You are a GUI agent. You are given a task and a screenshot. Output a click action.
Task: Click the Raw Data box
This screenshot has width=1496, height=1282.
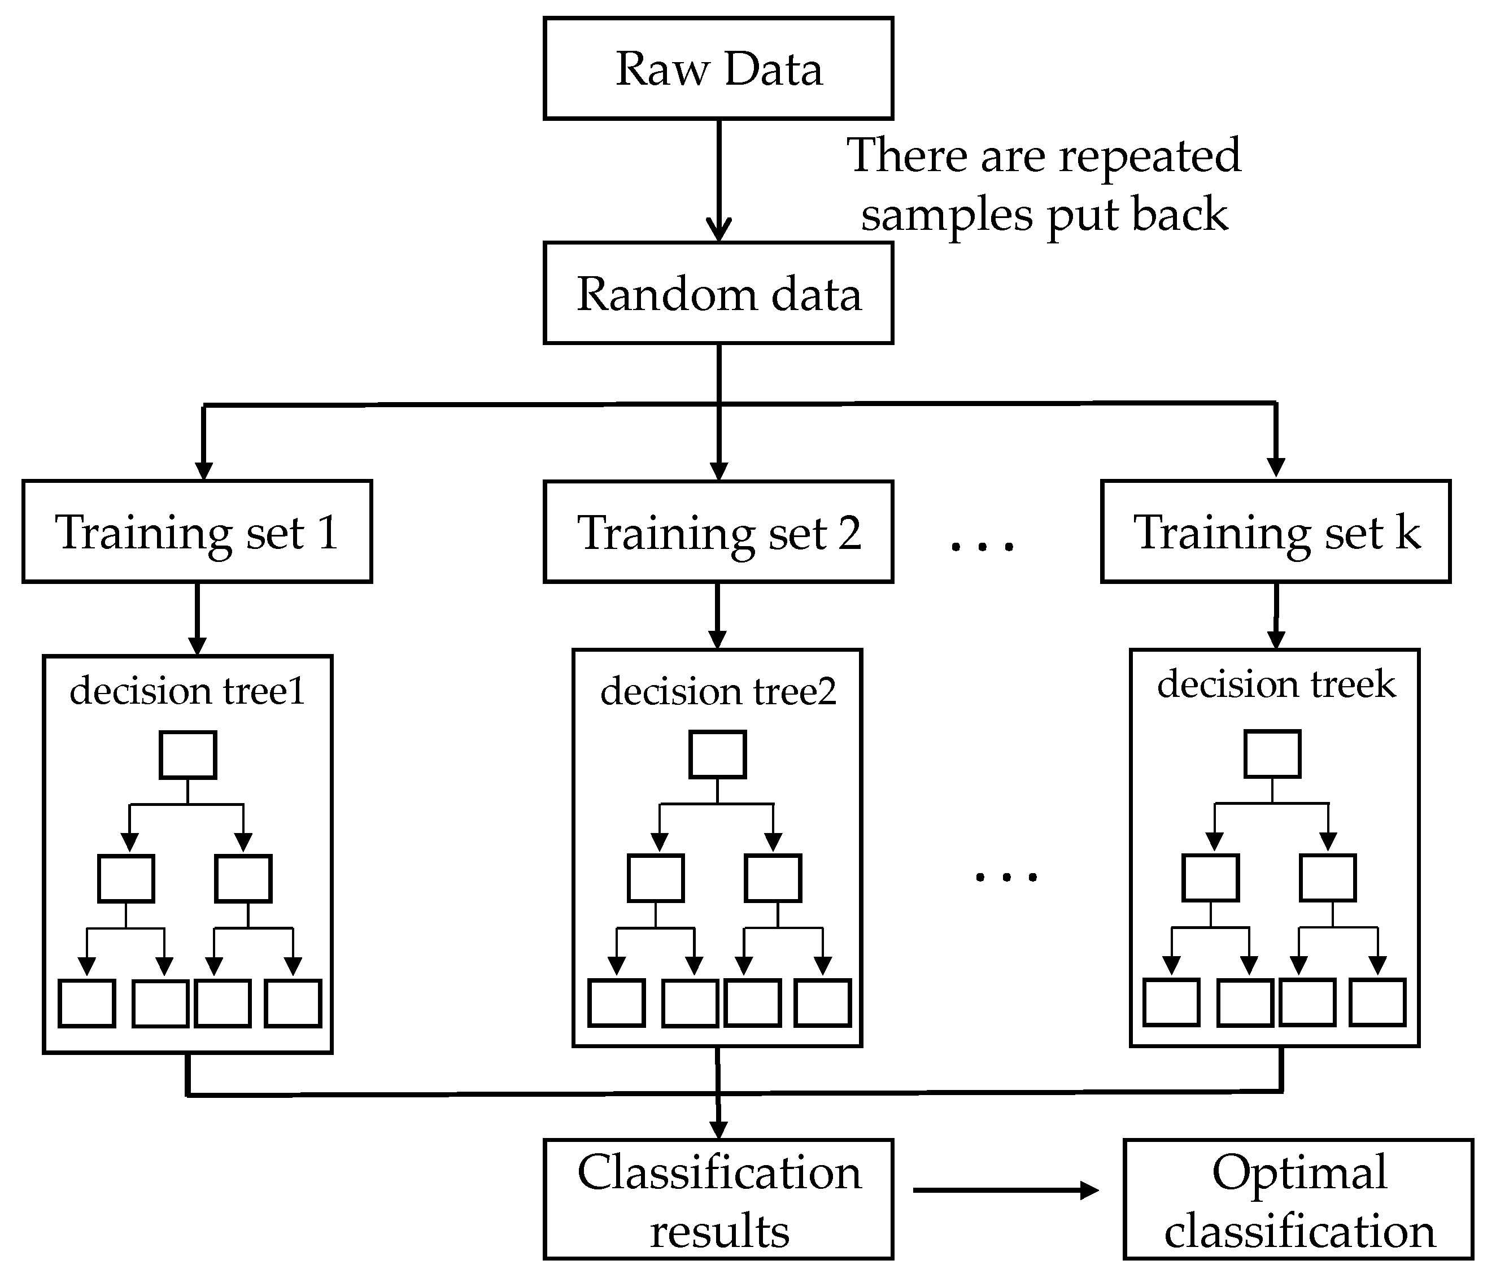coord(718,68)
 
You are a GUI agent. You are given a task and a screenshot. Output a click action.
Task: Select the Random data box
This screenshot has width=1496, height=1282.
coord(718,293)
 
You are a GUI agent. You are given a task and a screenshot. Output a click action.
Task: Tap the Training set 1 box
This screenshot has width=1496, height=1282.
coord(197,531)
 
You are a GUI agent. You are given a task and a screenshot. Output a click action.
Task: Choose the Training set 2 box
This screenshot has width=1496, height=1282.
coord(718,532)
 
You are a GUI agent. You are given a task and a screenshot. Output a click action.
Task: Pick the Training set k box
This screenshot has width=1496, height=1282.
coord(1276,531)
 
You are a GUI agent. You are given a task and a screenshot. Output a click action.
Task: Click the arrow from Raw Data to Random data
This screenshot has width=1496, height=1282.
coord(718,181)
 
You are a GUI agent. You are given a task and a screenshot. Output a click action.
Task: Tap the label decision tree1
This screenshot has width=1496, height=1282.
coord(187,690)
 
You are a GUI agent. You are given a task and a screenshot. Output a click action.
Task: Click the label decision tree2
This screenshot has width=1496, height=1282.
coord(718,691)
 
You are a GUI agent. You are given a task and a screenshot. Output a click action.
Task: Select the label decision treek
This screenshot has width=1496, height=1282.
coord(1276,683)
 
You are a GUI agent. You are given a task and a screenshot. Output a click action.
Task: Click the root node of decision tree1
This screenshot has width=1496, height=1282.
coord(187,755)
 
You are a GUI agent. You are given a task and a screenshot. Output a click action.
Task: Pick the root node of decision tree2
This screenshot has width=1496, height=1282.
coord(718,755)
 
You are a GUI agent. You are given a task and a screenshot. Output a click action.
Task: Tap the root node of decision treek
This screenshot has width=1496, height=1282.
coord(1272,753)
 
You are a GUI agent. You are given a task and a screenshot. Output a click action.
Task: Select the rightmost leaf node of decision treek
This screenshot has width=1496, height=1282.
coord(1377,1002)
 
